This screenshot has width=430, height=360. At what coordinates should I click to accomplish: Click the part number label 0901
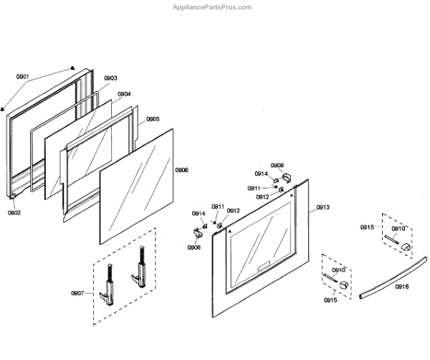click(x=22, y=77)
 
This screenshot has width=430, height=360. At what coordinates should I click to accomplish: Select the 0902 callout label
click(x=14, y=212)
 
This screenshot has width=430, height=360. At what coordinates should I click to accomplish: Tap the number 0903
click(x=110, y=78)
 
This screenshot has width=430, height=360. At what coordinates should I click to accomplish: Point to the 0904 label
click(x=124, y=94)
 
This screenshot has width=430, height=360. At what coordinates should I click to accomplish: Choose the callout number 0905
click(x=153, y=119)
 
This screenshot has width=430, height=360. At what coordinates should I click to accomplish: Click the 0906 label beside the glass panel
click(x=182, y=170)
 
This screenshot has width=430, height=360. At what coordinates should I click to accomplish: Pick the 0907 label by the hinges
click(x=77, y=293)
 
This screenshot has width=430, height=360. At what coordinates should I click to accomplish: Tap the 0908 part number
click(x=193, y=247)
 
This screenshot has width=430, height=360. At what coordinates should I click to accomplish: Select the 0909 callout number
click(x=277, y=166)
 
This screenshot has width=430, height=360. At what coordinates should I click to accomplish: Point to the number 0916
click(x=401, y=287)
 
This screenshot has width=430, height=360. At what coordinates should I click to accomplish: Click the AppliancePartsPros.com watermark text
click(x=213, y=6)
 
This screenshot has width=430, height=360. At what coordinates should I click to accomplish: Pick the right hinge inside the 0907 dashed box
click(x=138, y=273)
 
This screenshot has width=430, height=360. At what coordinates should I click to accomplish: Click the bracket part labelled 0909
click(x=288, y=176)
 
